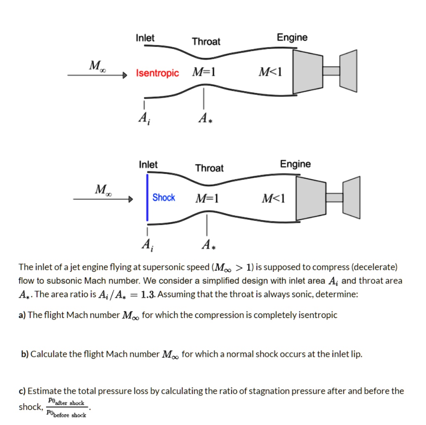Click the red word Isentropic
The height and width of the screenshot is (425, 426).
click(157, 74)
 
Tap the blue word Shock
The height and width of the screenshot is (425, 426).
click(163, 198)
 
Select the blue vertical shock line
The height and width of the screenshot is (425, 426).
click(147, 197)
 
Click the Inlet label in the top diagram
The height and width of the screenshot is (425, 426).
click(145, 38)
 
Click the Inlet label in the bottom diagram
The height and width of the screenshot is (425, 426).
click(148, 165)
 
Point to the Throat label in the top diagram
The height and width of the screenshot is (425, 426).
click(206, 42)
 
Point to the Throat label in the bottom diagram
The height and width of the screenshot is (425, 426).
click(209, 168)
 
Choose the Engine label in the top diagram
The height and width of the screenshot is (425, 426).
click(292, 38)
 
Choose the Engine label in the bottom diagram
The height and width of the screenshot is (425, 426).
click(295, 164)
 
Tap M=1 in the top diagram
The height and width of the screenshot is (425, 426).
click(203, 73)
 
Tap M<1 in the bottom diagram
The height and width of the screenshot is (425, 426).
click(273, 199)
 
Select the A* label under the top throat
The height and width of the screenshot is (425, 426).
click(204, 118)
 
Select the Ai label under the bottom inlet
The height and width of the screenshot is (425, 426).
click(146, 245)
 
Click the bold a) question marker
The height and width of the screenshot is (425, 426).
click(22, 315)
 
